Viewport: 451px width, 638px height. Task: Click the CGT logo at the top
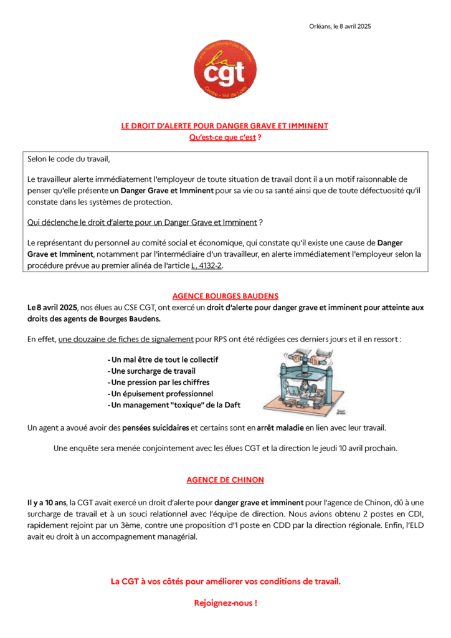(x=225, y=69)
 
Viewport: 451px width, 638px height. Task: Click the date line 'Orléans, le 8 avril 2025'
(x=339, y=26)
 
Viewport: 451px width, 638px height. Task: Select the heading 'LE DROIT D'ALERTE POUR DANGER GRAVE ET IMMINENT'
(x=225, y=126)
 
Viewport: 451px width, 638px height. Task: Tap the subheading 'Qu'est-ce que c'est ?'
(x=225, y=138)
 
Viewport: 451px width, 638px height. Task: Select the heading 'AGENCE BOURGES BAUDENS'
(x=225, y=296)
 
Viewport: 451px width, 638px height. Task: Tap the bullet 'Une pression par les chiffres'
(x=158, y=383)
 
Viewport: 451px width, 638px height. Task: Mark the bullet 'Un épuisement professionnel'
(x=160, y=394)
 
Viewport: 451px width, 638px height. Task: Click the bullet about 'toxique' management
(x=174, y=405)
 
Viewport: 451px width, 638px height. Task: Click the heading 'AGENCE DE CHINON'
(x=225, y=480)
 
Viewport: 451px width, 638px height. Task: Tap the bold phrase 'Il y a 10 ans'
(x=47, y=502)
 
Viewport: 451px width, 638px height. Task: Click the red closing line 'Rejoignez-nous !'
(x=225, y=603)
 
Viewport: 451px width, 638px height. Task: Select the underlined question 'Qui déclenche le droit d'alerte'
(x=142, y=222)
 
